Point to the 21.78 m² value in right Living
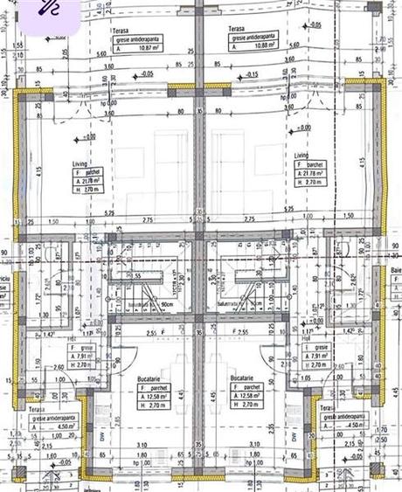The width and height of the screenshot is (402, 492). [313, 173]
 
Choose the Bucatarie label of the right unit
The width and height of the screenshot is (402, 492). [242, 378]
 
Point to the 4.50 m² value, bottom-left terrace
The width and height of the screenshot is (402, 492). [52, 426]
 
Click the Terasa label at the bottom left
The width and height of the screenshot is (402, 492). [36, 409]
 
